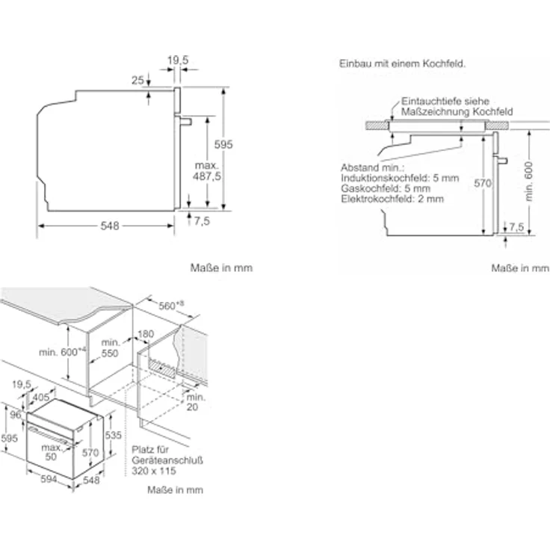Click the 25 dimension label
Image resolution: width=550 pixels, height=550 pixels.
pos(137,80)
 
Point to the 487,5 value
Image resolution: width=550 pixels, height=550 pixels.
pos(207,176)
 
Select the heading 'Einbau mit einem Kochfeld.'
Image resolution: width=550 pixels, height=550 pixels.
pos(402,64)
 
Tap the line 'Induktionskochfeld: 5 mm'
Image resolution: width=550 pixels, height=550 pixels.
pos(400,178)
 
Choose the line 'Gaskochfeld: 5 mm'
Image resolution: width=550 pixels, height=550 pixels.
pos(386,188)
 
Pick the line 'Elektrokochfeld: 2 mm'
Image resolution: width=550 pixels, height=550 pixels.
pos(392,199)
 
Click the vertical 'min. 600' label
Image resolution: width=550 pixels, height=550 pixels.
pos(529,182)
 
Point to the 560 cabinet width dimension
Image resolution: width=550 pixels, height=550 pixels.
pos(171,306)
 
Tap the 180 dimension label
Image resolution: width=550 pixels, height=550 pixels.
pos(146,334)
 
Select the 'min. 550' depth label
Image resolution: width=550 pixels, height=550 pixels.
pos(110,347)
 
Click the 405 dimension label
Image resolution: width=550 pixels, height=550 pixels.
pos(41,398)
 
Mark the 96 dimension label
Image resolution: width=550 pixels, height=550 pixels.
pos(16,415)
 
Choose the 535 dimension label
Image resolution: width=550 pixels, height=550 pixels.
pos(114,435)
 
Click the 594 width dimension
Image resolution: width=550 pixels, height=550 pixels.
pos(49,479)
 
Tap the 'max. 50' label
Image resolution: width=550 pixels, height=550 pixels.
pos(52,452)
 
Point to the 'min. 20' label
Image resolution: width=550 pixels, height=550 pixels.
pos(195,402)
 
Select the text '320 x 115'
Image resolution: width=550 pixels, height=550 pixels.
pos(154,471)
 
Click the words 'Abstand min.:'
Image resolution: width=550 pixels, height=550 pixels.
pos(372,167)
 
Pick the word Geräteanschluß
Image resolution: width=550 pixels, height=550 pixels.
pos(167,460)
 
